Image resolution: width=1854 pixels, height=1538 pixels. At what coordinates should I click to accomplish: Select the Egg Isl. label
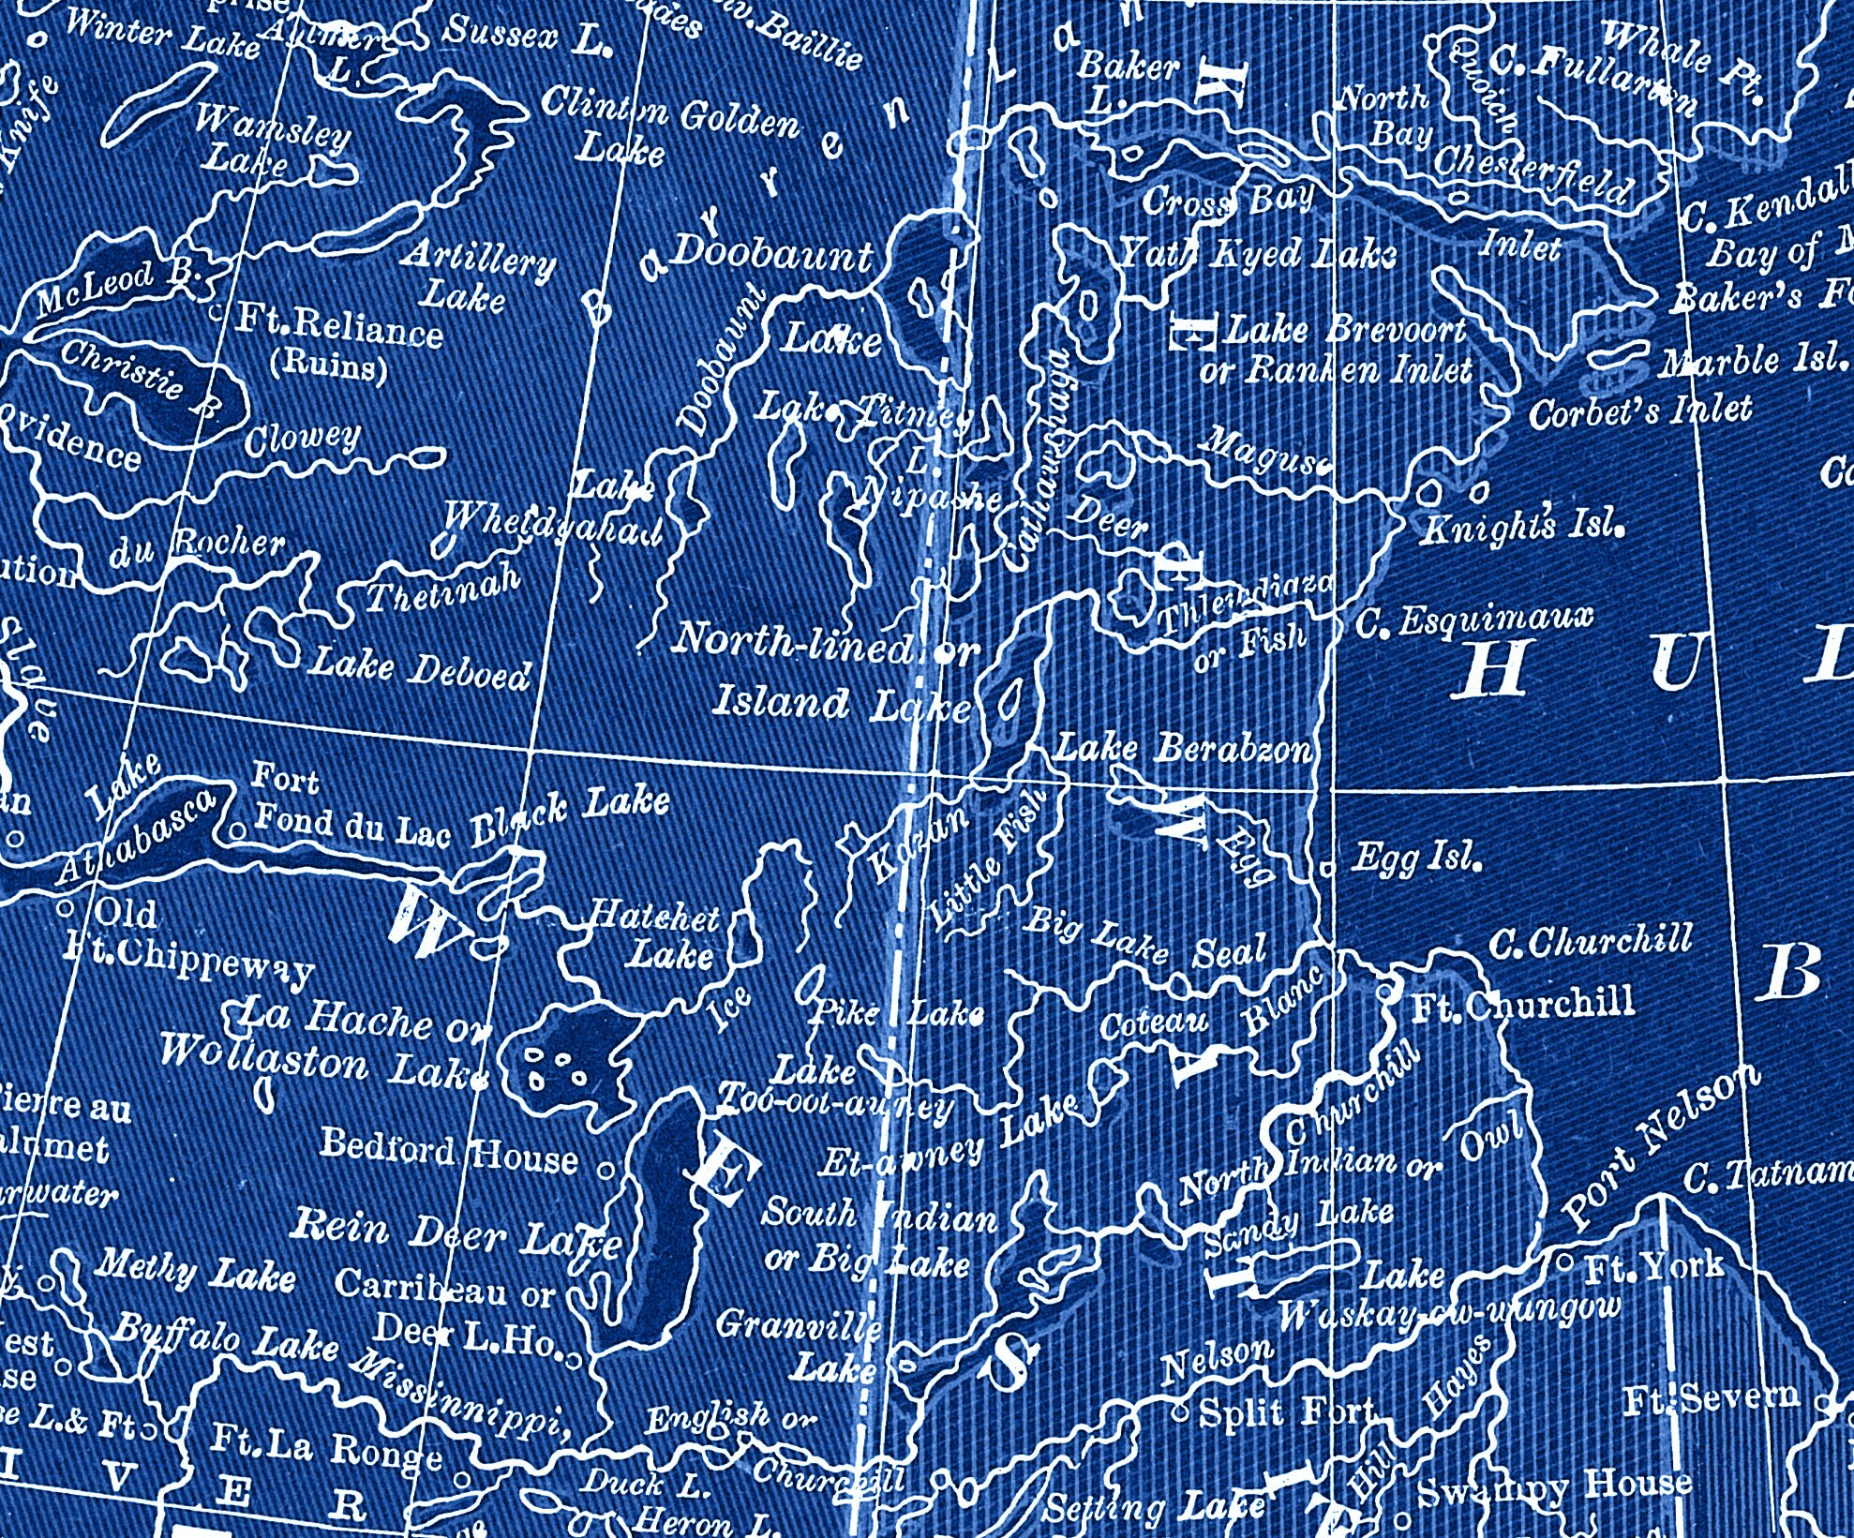[x=1416, y=857]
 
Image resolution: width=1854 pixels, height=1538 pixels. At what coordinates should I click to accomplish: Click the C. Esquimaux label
[x=1474, y=620]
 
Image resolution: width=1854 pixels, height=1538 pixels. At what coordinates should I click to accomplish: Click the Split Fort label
[x=1286, y=1411]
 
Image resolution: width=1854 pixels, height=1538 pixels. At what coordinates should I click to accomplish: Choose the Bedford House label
[x=449, y=1152]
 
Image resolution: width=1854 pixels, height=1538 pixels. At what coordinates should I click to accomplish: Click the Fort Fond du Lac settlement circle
[x=238, y=829]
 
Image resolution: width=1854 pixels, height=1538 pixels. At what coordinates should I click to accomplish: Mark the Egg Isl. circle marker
[x=1327, y=868]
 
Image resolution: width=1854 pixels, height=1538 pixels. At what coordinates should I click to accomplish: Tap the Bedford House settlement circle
[x=606, y=1169]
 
